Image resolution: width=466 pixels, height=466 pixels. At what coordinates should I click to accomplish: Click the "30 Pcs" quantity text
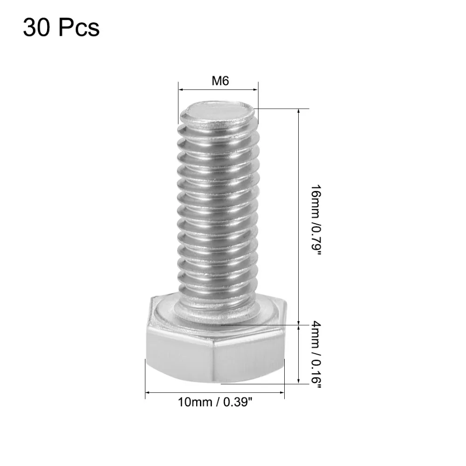pos(61,27)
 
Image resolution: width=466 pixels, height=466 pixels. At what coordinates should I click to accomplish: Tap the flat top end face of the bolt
pos(218,113)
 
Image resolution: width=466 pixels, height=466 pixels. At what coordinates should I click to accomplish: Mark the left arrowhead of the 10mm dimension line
pos(148,393)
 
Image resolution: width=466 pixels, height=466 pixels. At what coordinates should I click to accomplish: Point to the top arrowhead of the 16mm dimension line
pos(299,112)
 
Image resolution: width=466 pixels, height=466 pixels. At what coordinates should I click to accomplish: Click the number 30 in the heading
pos(37,27)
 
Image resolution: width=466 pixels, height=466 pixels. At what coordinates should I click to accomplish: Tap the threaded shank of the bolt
pos(217,210)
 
